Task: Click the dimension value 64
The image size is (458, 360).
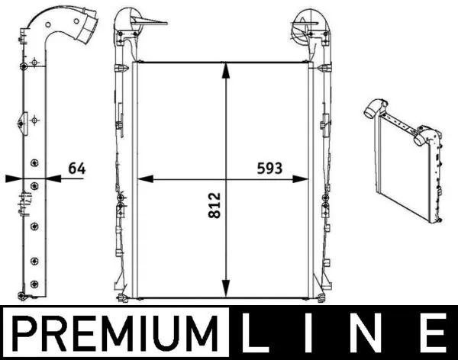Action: pos(77,169)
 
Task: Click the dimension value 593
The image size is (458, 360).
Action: pos(269,168)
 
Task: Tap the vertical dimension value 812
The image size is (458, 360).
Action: pos(214,205)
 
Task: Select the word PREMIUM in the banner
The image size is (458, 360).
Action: pos(115,333)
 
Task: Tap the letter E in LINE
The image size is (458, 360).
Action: pos(435,333)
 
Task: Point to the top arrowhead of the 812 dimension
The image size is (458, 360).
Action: pos(225,70)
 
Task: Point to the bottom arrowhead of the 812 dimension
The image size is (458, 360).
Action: pos(225,288)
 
